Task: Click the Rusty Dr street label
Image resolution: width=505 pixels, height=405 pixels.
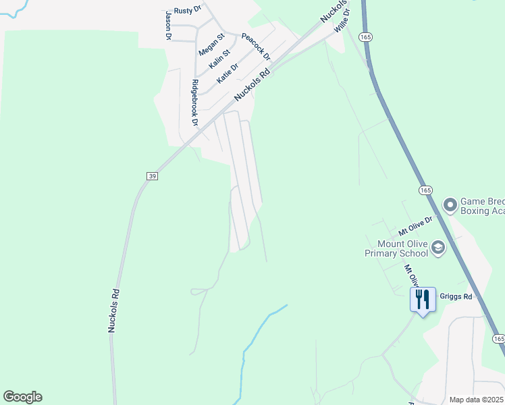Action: click(x=188, y=10)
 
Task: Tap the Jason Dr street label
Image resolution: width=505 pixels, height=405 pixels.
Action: click(x=168, y=25)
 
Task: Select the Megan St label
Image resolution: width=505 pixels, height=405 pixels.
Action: click(x=211, y=44)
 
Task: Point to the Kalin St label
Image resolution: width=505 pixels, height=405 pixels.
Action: click(x=220, y=58)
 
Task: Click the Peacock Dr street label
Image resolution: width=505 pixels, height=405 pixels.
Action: click(x=256, y=46)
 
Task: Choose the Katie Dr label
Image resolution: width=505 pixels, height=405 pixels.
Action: click(x=228, y=73)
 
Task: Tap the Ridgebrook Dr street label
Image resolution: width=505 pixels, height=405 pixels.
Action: click(x=195, y=103)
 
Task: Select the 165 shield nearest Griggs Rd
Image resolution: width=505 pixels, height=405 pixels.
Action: click(x=498, y=338)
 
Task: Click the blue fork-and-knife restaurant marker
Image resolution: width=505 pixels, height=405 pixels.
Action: click(x=423, y=299)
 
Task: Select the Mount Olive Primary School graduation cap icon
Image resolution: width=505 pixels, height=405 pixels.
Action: click(x=438, y=248)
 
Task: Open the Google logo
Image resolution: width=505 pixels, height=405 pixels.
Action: click(x=22, y=397)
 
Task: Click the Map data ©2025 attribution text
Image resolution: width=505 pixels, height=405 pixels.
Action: click(x=476, y=400)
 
